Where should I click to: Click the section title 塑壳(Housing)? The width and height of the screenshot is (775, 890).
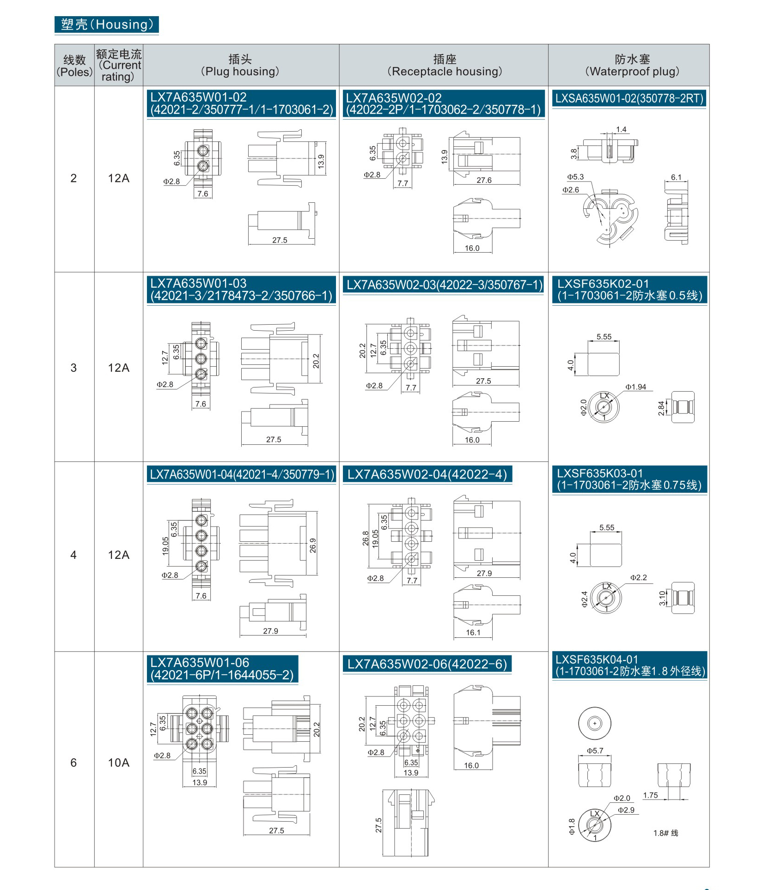[107, 24]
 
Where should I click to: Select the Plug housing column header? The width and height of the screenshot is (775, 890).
[240, 65]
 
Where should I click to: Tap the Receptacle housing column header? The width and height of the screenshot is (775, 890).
[444, 65]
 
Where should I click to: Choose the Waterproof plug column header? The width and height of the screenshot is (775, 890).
[632, 65]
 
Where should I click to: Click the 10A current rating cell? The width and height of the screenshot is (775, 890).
[118, 763]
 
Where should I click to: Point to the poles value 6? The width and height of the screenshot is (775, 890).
[73, 763]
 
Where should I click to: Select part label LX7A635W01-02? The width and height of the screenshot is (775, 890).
[198, 97]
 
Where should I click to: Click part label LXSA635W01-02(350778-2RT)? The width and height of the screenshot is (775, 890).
[629, 98]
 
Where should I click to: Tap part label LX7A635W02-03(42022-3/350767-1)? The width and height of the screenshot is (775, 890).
[445, 285]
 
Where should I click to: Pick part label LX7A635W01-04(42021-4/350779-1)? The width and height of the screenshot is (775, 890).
[242, 474]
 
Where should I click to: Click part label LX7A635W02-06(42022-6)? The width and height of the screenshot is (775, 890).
[427, 664]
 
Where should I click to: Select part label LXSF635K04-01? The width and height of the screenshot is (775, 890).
[597, 660]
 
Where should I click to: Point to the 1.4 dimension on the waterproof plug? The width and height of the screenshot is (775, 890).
[621, 130]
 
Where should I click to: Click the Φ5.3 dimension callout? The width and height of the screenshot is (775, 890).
[575, 177]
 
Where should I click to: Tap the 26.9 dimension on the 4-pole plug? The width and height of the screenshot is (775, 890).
[313, 545]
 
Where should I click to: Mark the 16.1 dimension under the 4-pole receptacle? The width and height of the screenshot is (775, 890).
[473, 633]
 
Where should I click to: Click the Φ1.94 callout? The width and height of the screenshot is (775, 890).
[635, 387]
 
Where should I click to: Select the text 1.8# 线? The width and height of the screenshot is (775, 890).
[665, 833]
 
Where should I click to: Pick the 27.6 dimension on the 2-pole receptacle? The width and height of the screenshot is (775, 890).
[484, 180]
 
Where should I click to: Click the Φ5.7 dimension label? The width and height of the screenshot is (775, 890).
[595, 751]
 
